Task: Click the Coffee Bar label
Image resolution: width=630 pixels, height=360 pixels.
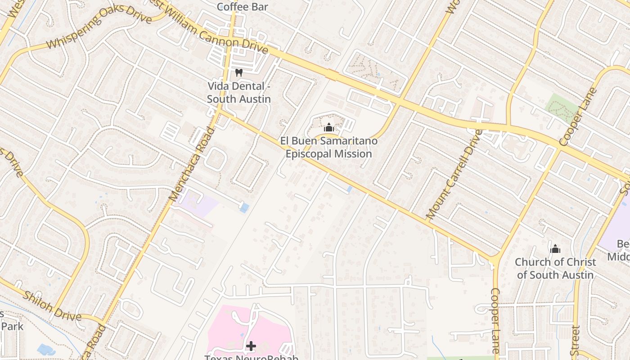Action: (x=243, y=7)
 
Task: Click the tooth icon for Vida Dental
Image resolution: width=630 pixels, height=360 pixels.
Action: (x=239, y=72)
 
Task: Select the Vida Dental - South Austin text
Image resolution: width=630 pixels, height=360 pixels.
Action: (x=239, y=92)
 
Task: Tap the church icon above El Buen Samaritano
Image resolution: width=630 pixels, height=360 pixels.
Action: (x=329, y=127)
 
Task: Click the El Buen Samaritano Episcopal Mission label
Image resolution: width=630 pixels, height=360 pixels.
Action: (x=328, y=147)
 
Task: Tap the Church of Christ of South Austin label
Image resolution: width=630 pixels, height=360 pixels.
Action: (x=555, y=268)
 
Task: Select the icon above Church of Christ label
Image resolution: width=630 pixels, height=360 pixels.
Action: (x=555, y=249)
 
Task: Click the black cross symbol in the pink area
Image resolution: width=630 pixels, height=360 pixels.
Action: (x=251, y=346)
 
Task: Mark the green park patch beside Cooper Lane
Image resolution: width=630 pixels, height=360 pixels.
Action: (x=561, y=108)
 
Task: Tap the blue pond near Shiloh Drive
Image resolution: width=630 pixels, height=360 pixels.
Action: (x=46, y=349)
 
